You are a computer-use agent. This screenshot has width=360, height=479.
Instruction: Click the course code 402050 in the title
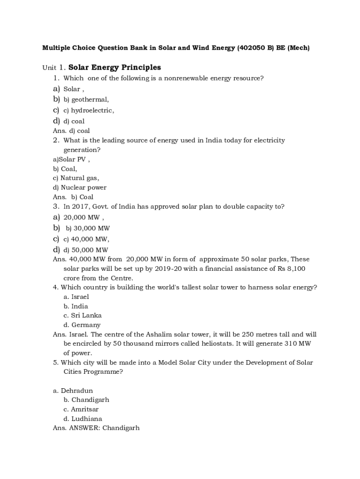[252, 48]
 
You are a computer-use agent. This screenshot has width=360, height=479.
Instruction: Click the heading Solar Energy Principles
[115, 68]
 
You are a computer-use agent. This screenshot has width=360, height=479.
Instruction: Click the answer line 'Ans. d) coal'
[72, 131]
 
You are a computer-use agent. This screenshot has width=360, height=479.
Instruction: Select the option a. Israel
[76, 297]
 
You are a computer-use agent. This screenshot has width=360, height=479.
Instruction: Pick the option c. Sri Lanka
[83, 315]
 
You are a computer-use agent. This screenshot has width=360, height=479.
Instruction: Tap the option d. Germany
[82, 325]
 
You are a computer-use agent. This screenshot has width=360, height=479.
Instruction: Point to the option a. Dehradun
[73, 391]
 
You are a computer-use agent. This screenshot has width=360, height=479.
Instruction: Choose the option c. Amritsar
[81, 409]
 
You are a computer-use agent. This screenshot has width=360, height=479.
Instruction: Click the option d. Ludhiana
[83, 419]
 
